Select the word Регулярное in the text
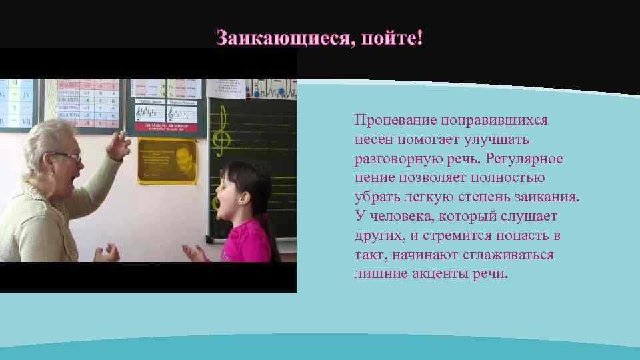point(525,159)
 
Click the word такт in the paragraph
point(369,255)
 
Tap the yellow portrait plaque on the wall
point(167,161)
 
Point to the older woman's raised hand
point(119,145)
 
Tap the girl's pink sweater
point(247,243)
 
